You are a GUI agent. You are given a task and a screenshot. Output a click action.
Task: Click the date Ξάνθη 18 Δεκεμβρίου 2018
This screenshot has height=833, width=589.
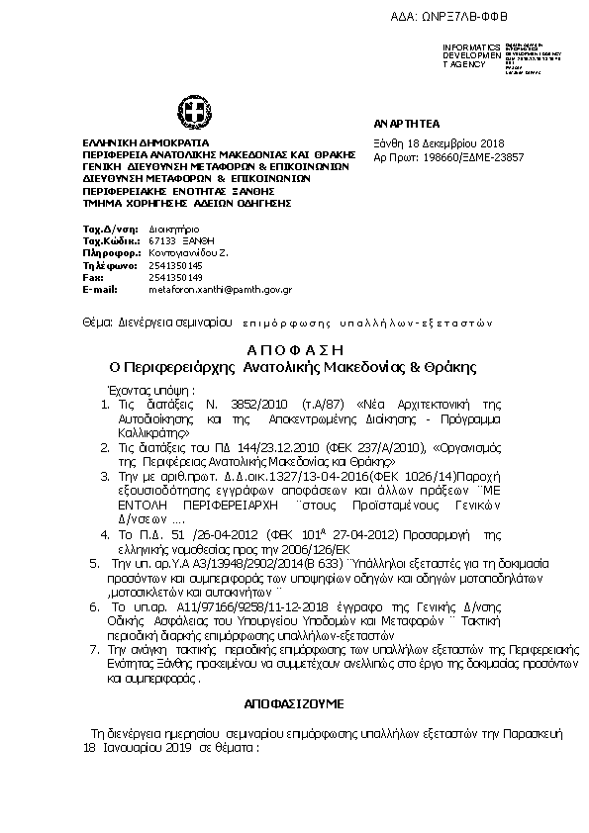click(x=430, y=143)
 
